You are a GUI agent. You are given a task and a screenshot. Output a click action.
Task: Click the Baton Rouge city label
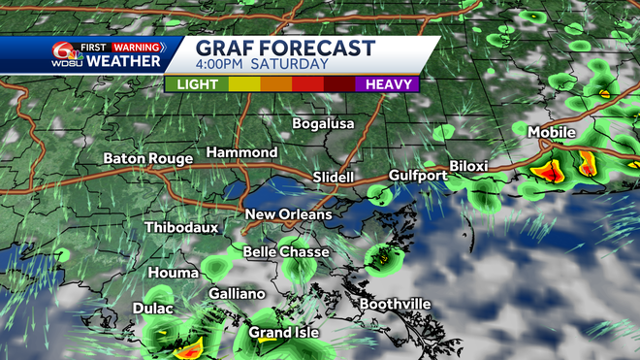click(x=149, y=158)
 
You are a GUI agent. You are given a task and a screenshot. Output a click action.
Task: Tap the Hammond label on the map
click(x=241, y=153)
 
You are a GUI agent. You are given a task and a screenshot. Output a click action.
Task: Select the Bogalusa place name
click(x=324, y=123)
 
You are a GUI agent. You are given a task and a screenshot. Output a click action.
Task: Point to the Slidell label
click(x=335, y=178)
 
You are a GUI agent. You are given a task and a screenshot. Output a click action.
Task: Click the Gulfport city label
click(x=417, y=176)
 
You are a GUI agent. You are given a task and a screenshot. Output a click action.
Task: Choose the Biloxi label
click(x=468, y=166)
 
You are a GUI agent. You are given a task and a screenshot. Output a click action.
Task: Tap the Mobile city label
click(x=551, y=132)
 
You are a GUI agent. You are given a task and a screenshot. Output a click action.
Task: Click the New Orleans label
click(x=288, y=214)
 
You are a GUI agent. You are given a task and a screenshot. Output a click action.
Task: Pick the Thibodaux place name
click(x=180, y=228)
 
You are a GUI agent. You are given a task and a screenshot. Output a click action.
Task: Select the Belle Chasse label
click(x=286, y=252)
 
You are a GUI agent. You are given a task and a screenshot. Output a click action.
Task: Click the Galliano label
click(x=237, y=293)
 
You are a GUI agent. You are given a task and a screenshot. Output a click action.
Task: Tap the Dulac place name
click(x=152, y=310)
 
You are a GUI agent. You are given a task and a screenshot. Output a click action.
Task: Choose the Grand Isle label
click(x=284, y=333)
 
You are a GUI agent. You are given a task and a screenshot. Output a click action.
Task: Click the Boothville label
click(x=396, y=304)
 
